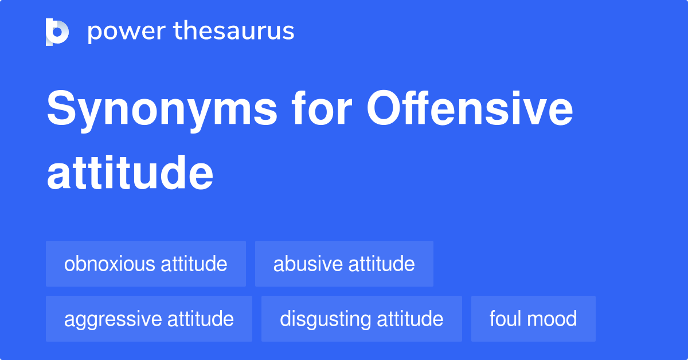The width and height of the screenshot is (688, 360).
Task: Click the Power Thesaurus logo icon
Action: click(57, 32)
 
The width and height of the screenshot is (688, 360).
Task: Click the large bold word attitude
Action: click(130, 173)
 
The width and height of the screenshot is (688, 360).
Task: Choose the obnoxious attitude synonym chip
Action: click(146, 264)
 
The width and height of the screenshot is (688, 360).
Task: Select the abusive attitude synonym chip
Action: click(344, 264)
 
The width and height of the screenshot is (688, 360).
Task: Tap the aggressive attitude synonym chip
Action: click(149, 319)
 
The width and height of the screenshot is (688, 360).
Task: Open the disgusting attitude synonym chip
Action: click(361, 319)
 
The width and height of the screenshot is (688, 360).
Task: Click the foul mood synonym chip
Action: click(533, 319)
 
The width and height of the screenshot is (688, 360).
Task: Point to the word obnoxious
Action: click(110, 264)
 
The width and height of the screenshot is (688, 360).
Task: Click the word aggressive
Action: click(112, 319)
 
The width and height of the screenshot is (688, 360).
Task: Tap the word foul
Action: click(503, 319)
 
